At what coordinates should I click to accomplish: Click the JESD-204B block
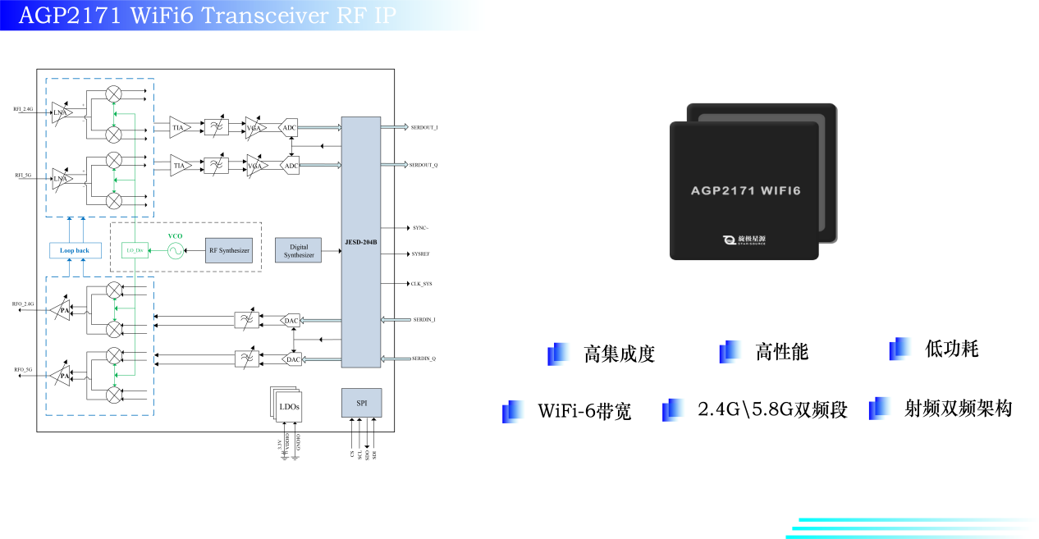pyautogui.click(x=361, y=242)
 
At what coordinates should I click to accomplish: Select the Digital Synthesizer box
pyautogui.click(x=299, y=251)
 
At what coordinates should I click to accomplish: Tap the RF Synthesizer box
pyautogui.click(x=229, y=250)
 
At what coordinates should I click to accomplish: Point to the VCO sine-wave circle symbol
pyautogui.click(x=176, y=251)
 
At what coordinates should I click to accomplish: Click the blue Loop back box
pyautogui.click(x=75, y=250)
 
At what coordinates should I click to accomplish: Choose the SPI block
pyautogui.click(x=361, y=403)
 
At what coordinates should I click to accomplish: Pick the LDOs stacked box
pyautogui.click(x=288, y=406)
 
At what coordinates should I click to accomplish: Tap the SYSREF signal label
pyautogui.click(x=420, y=254)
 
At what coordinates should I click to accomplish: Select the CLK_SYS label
pyautogui.click(x=421, y=284)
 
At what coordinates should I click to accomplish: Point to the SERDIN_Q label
pyautogui.click(x=423, y=359)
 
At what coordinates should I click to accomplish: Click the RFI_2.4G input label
pyautogui.click(x=23, y=108)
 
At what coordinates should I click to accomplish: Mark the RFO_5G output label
pyautogui.click(x=23, y=370)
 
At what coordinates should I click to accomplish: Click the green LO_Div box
pyautogui.click(x=135, y=251)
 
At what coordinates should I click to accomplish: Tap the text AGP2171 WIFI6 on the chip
pyautogui.click(x=745, y=191)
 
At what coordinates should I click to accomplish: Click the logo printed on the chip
pyautogui.click(x=728, y=240)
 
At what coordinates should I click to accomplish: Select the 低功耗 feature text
pyautogui.click(x=952, y=349)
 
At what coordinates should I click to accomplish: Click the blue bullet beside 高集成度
pyautogui.click(x=558, y=354)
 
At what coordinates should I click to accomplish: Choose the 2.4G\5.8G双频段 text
pyautogui.click(x=772, y=409)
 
